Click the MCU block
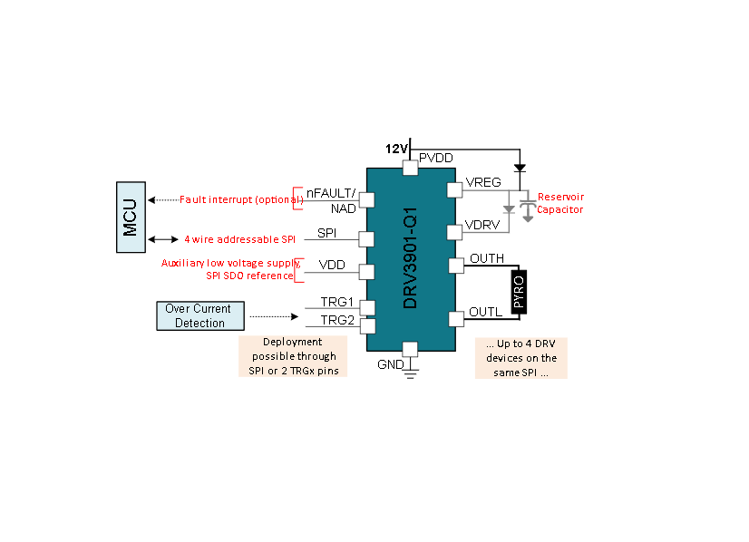(x=131, y=218)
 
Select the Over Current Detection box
(x=200, y=315)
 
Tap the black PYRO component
(x=519, y=292)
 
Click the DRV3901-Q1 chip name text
(x=410, y=258)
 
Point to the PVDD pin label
(x=435, y=158)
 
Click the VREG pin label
(x=483, y=182)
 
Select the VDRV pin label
(x=482, y=225)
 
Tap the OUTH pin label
(x=487, y=258)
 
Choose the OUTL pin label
(x=485, y=312)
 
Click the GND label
(x=390, y=364)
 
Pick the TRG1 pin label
(x=336, y=302)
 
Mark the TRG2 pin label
(x=337, y=320)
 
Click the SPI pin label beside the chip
(x=326, y=233)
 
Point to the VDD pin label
(x=332, y=265)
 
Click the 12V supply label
(x=396, y=149)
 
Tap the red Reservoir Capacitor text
(x=560, y=203)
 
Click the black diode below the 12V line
(x=520, y=168)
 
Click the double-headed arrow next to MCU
(x=163, y=239)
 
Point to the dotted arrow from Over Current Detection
(x=274, y=316)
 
